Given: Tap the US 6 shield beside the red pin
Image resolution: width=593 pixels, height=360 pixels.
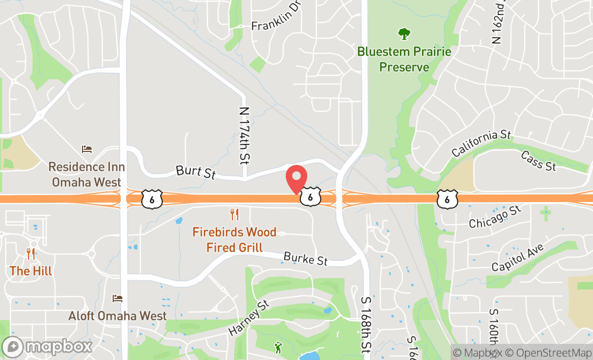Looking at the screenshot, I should click(311, 197).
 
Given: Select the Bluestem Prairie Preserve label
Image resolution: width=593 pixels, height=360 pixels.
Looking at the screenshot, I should click(404, 59).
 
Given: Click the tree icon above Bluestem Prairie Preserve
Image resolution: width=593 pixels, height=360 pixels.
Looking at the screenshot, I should click(404, 34).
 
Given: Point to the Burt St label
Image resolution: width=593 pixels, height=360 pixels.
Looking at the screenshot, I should click(195, 172).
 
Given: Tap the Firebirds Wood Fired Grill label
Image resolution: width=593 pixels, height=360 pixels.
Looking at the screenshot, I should click(235, 240).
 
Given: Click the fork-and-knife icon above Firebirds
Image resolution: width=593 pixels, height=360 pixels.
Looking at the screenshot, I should click(235, 214).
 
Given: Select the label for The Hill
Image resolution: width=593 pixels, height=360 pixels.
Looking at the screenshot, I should click(31, 271).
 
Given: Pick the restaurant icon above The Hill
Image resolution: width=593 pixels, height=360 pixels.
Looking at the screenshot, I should click(31, 253).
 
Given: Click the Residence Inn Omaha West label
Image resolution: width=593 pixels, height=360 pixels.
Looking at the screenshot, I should click(86, 175).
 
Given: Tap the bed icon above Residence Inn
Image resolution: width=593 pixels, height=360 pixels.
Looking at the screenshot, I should click(87, 149).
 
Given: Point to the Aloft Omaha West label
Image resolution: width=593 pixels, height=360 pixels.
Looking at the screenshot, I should click(118, 316).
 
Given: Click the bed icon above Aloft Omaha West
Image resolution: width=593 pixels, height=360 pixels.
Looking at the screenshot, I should click(118, 298).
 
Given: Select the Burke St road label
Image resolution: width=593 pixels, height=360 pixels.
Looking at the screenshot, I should click(306, 259).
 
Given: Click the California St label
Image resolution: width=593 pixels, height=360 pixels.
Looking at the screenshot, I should click(481, 143).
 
